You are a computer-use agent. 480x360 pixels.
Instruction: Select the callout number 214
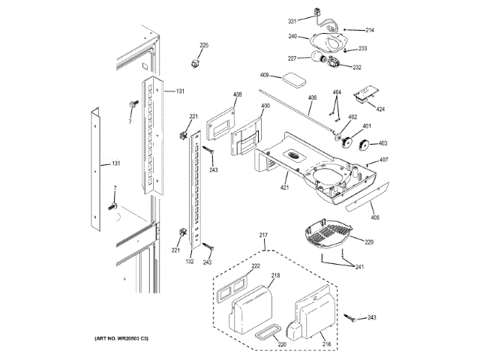(x=370, y=30)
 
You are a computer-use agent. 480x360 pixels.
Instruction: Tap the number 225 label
(x=204, y=46)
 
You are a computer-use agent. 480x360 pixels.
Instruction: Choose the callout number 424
(x=380, y=109)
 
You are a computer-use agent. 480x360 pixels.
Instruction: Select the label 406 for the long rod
(x=312, y=98)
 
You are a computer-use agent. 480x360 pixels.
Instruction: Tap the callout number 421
(x=285, y=187)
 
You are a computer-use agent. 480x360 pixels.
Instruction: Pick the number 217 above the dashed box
(x=264, y=237)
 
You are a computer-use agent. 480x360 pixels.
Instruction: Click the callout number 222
(x=256, y=266)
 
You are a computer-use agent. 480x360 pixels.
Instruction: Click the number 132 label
(x=190, y=262)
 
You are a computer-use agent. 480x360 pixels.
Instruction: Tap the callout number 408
(x=237, y=94)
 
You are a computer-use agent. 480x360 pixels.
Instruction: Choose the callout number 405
(x=375, y=217)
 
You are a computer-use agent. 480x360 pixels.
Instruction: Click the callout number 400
(x=265, y=106)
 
